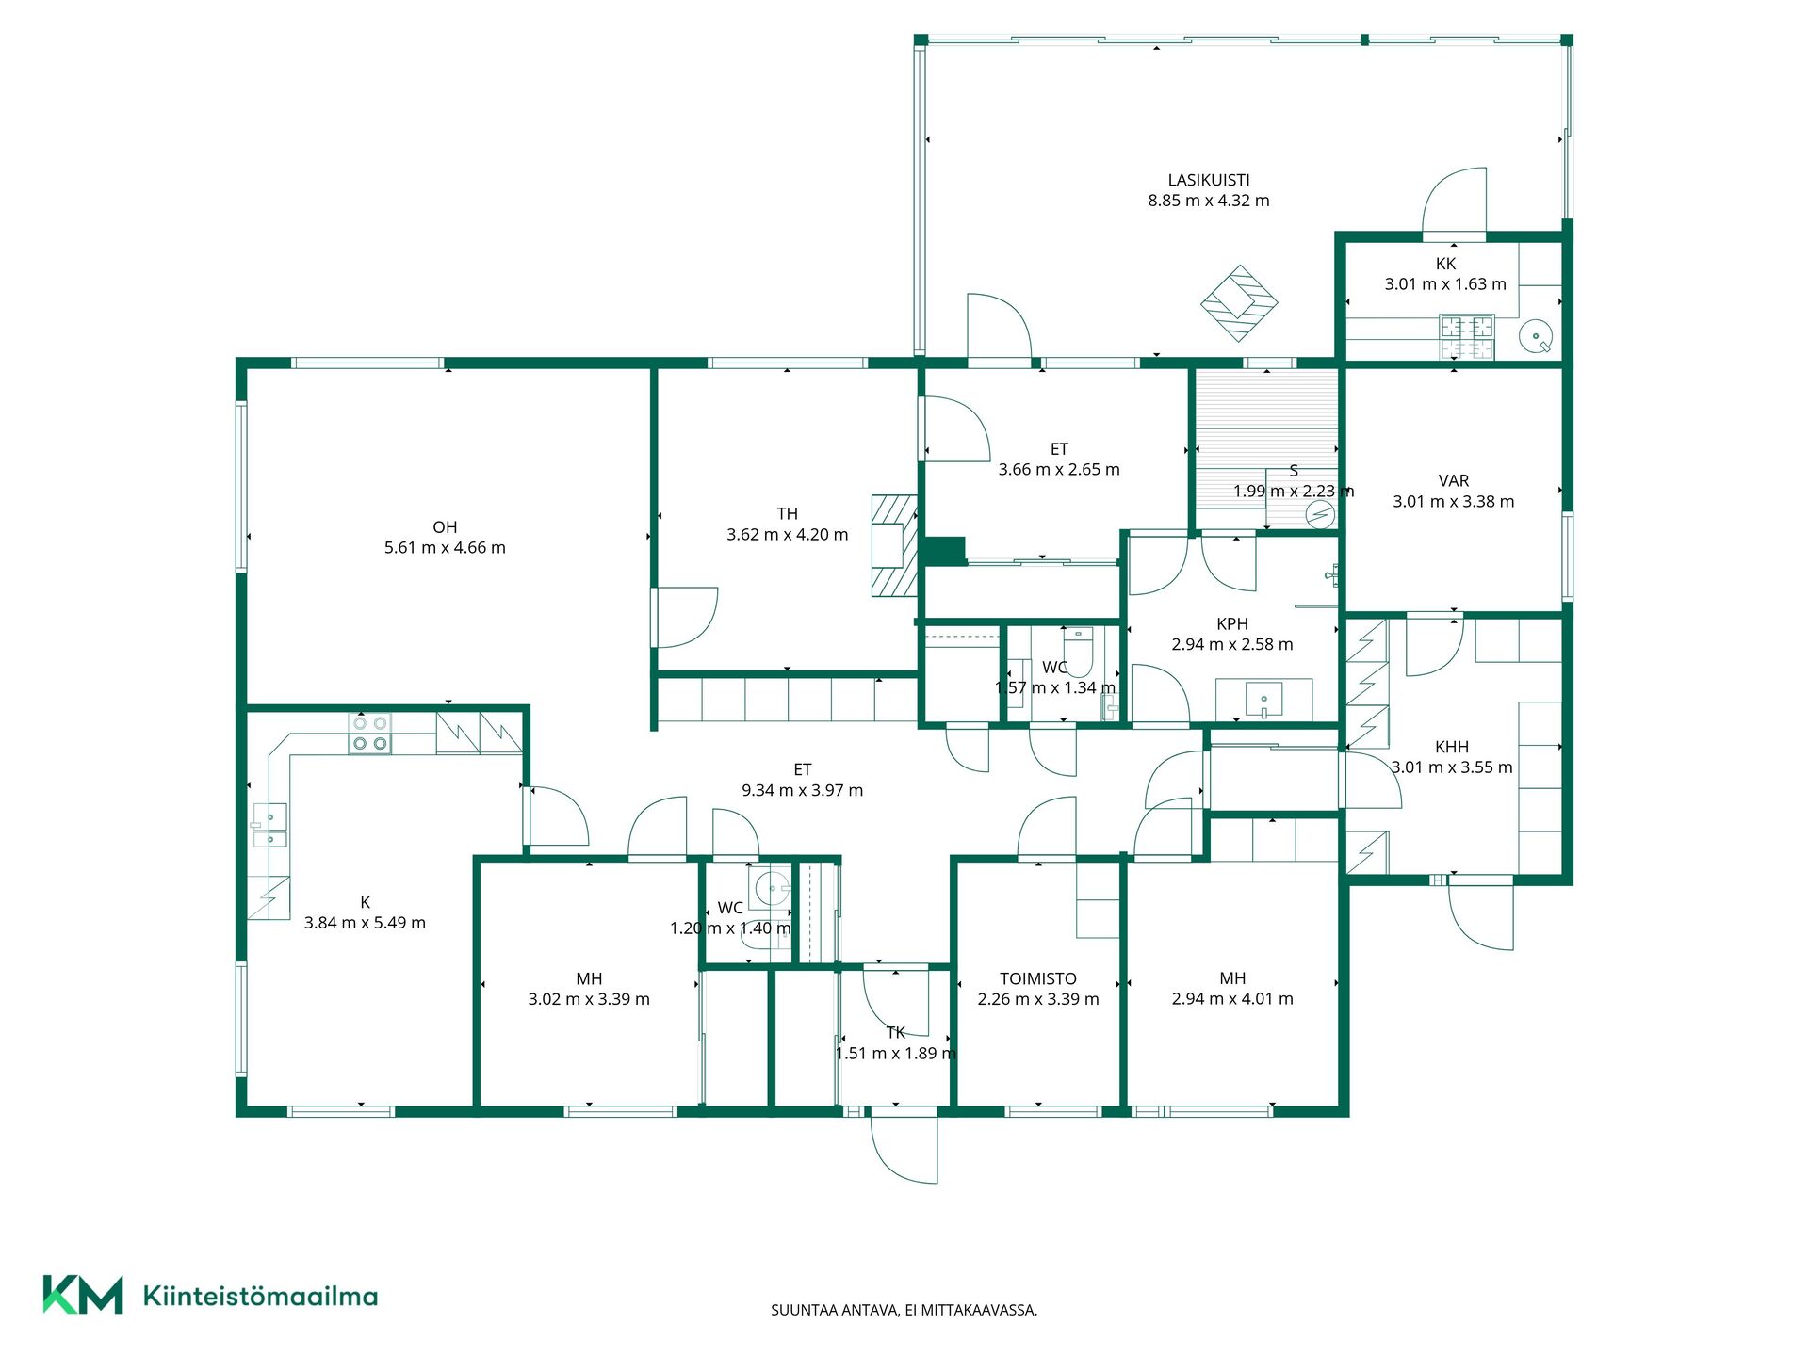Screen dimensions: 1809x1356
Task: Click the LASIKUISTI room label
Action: (x=1209, y=180)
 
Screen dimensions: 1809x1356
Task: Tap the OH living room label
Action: (x=445, y=527)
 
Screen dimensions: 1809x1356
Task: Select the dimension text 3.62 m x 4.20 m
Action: (x=787, y=535)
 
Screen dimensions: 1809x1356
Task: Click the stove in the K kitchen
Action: (x=369, y=734)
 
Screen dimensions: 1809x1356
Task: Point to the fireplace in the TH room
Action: (x=894, y=545)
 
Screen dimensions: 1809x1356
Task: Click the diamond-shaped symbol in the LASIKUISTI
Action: (x=1239, y=303)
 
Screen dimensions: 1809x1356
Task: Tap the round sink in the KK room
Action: (x=1537, y=336)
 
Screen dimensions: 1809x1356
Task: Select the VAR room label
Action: (x=1454, y=481)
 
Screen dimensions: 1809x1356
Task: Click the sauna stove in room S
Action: (x=1320, y=515)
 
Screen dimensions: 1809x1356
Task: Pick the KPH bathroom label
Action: (x=1232, y=624)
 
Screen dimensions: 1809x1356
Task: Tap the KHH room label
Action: (x=1452, y=747)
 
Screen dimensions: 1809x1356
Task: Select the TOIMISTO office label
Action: (x=1038, y=979)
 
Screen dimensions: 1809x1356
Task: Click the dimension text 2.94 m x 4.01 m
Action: (x=1232, y=999)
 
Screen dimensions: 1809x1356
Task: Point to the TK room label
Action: (x=896, y=1033)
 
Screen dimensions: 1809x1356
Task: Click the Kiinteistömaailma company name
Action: (x=260, y=1296)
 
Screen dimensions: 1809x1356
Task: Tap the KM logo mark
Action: (x=83, y=1295)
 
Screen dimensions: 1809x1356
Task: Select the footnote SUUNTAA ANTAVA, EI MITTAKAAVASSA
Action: (x=904, y=1310)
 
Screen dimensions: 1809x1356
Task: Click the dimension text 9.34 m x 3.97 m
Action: (x=802, y=791)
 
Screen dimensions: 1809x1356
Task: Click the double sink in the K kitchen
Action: (x=270, y=826)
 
